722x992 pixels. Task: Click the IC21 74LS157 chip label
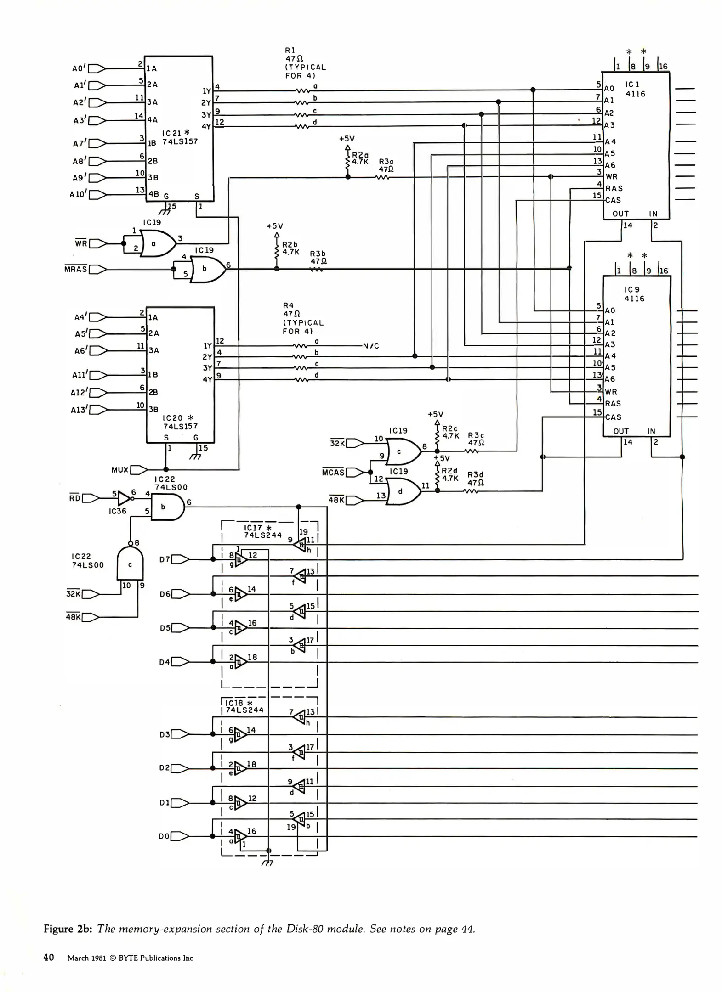point(180,137)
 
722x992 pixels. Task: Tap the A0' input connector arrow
point(97,68)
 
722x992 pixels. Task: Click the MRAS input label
point(76,269)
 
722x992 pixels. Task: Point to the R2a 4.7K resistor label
point(360,159)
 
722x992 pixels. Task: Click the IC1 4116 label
point(635,89)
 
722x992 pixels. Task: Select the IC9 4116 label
point(634,294)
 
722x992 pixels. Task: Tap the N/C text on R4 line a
point(371,346)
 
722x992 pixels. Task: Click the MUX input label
point(120,470)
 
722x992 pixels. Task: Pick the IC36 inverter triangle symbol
point(124,498)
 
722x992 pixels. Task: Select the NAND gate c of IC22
point(130,564)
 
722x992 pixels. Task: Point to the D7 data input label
point(165,559)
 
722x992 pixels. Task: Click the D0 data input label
point(164,836)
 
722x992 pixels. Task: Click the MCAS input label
point(333,472)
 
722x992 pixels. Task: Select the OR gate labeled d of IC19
point(403,491)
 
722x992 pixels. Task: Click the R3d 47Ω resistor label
point(476,479)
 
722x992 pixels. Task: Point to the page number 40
point(49,958)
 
